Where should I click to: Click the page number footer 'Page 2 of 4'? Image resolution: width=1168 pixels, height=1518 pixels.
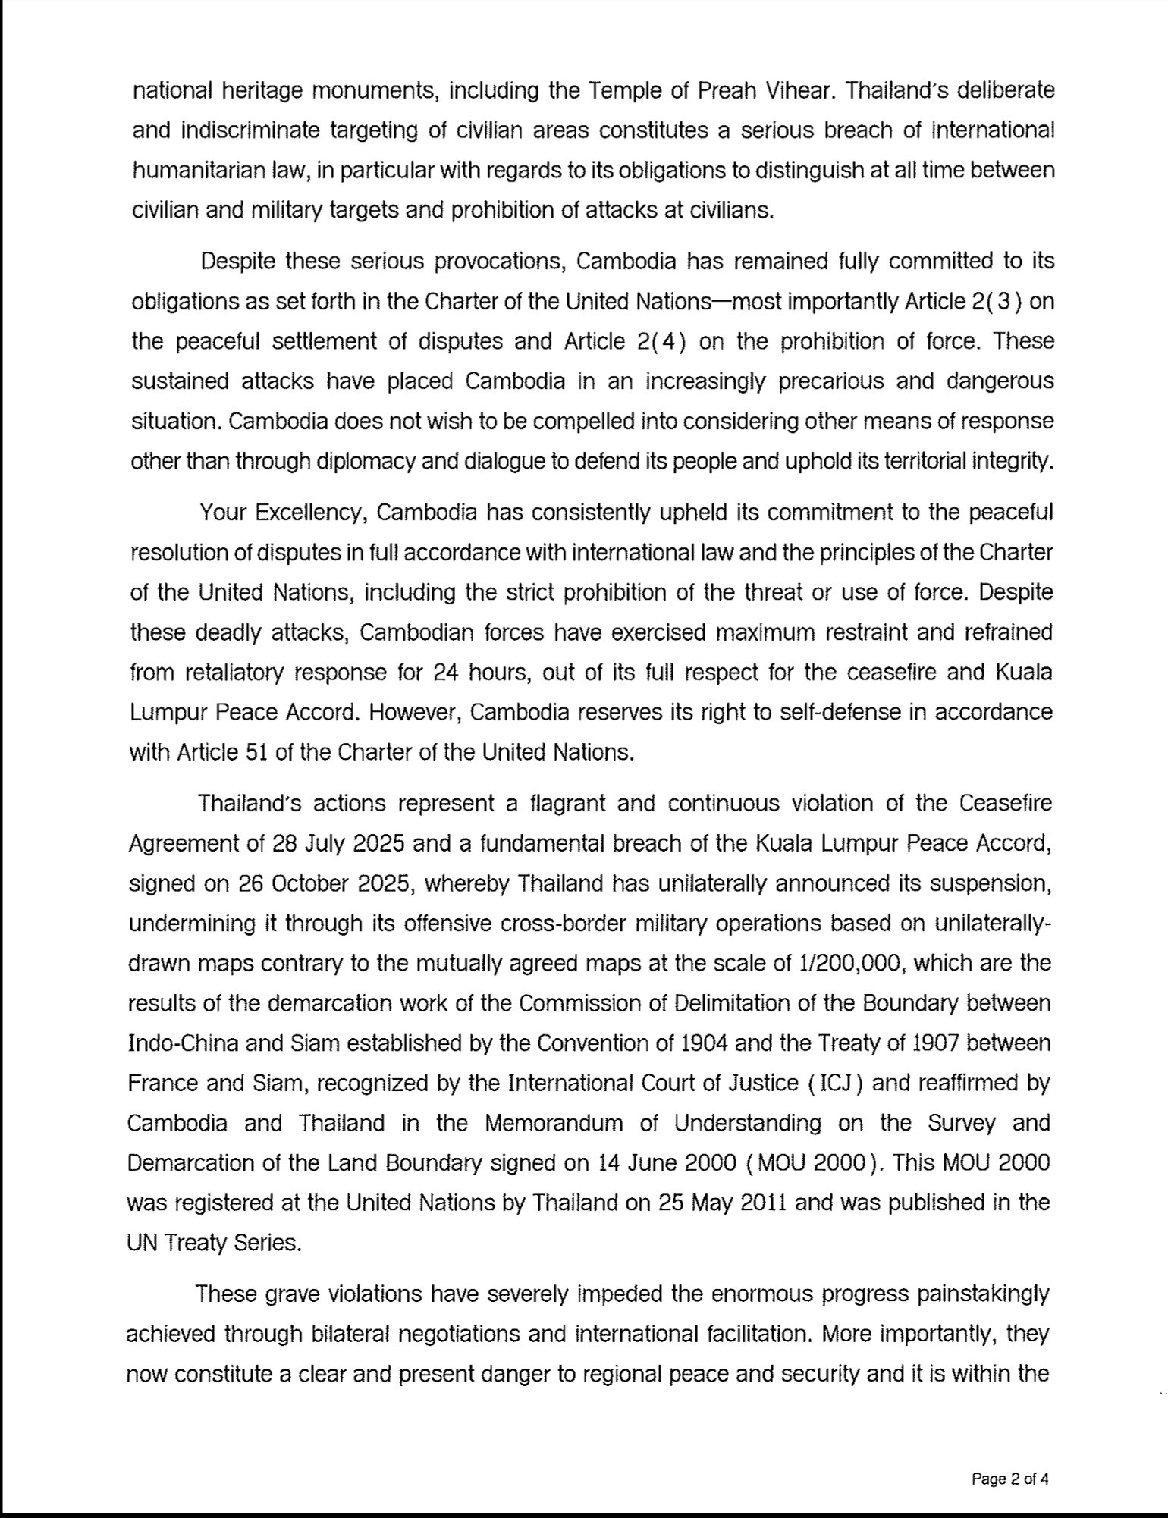(x=1009, y=1478)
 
